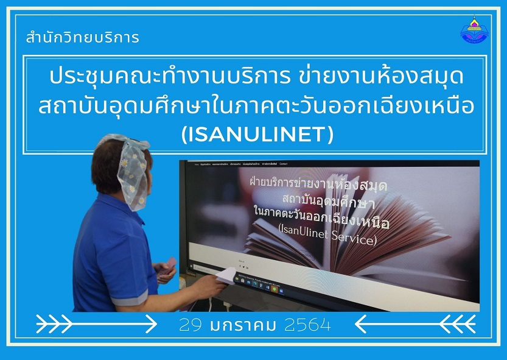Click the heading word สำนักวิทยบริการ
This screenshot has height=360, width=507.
coord(83,38)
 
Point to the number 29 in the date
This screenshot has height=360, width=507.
coord(191,325)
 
